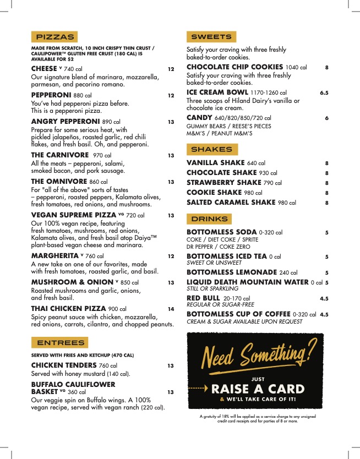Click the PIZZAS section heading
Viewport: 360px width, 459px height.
click(x=54, y=37)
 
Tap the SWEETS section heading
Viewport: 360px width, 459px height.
click(x=211, y=37)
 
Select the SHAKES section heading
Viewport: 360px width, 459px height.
click(x=211, y=149)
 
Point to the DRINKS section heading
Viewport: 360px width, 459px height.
click(x=209, y=219)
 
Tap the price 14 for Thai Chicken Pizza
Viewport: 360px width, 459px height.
click(x=171, y=309)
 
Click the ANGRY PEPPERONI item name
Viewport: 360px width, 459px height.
click(x=66, y=121)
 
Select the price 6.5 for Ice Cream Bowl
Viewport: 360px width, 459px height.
click(x=324, y=93)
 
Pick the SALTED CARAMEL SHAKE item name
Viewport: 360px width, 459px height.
click(x=231, y=203)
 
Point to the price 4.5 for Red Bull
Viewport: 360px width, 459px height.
click(x=324, y=299)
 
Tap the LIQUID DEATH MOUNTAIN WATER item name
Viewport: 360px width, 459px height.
click(x=247, y=282)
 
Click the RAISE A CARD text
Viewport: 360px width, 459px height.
click(x=257, y=389)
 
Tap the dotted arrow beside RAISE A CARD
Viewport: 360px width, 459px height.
click(x=199, y=389)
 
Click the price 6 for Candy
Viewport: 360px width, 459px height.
click(x=326, y=118)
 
